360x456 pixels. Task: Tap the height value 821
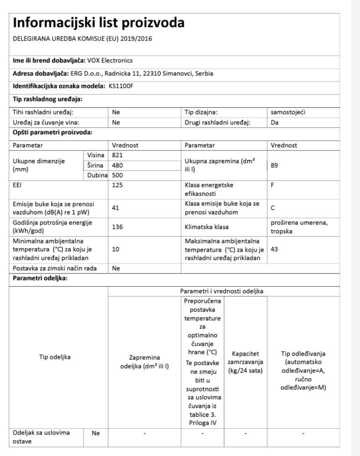coord(118,155)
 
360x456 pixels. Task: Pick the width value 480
coord(118,165)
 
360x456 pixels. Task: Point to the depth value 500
coord(118,175)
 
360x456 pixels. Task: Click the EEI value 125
coord(118,185)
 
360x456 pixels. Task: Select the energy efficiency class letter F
coord(273,185)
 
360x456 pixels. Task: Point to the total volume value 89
coord(274,165)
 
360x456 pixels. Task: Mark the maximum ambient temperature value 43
coord(274,250)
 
